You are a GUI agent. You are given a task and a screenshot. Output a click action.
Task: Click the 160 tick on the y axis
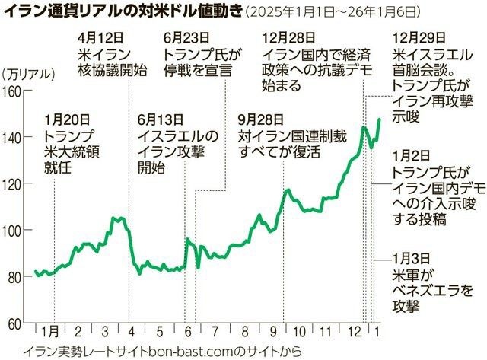point(12,91)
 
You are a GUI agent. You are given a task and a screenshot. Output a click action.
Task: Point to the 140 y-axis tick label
point(12,138)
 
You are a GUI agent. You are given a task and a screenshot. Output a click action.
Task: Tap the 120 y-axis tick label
point(12,184)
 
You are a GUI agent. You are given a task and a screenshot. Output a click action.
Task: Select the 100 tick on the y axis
point(12,231)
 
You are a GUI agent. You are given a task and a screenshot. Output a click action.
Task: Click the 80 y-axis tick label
point(14,277)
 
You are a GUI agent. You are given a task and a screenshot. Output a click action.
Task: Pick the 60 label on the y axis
point(14,323)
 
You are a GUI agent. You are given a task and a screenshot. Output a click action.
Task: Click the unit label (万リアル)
point(29,74)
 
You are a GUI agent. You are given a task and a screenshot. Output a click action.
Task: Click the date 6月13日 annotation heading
point(161,119)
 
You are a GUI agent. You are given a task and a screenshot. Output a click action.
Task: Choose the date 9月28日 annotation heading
point(260,119)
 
